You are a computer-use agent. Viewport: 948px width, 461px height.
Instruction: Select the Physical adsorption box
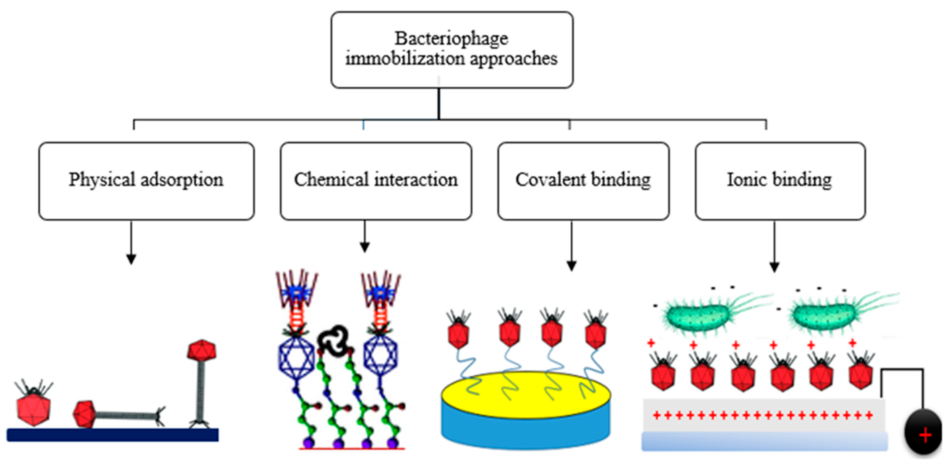click(146, 181)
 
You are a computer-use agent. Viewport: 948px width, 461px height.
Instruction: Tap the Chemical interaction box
click(376, 181)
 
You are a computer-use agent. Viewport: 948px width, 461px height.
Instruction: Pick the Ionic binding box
click(780, 181)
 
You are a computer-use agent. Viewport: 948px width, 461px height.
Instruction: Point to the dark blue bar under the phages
click(112, 435)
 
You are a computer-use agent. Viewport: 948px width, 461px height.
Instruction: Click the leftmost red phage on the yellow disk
click(458, 334)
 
